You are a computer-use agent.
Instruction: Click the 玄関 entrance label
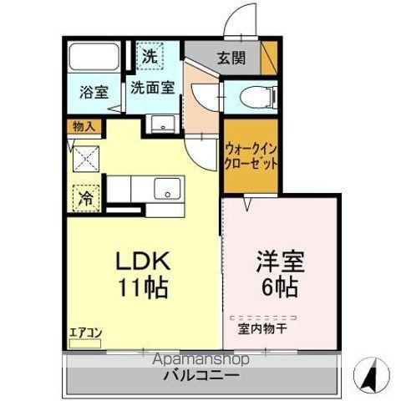click(231, 58)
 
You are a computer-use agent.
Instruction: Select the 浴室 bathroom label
click(94, 92)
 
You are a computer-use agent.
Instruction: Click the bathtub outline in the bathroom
click(94, 58)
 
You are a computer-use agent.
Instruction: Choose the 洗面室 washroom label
click(151, 86)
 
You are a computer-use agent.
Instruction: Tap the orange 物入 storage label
click(84, 127)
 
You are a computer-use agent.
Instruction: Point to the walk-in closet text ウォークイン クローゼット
click(251, 156)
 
